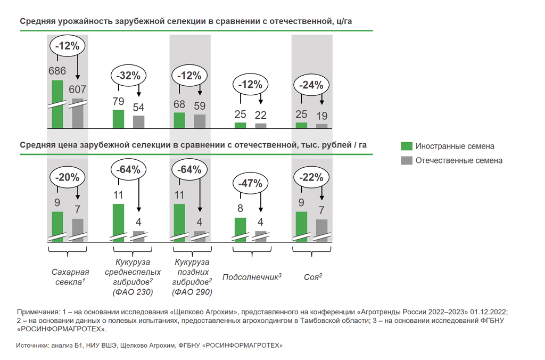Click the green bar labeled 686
57,104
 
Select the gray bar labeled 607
78,113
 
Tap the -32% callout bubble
128,76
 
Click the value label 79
118,101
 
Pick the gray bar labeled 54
138,121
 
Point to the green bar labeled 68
179,120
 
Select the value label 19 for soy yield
321,116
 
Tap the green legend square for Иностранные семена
407,146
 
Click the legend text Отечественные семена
459,160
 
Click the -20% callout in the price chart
68,177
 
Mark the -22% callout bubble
312,177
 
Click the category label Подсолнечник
251,277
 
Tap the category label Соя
312,277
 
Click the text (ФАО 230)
133,292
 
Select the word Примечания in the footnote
39,312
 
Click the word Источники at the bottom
32,346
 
